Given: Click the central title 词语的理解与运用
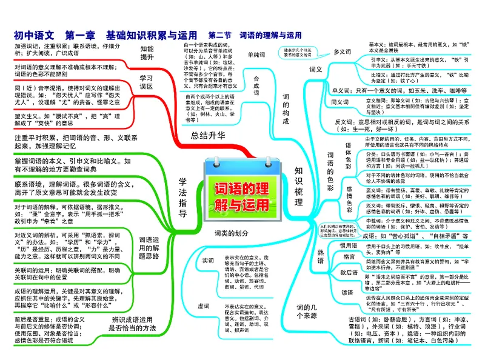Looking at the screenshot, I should (241, 196).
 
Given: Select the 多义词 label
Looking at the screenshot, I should (343, 52).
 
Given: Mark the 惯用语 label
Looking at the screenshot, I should (348, 245).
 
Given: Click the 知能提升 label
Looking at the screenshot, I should (147, 53).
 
